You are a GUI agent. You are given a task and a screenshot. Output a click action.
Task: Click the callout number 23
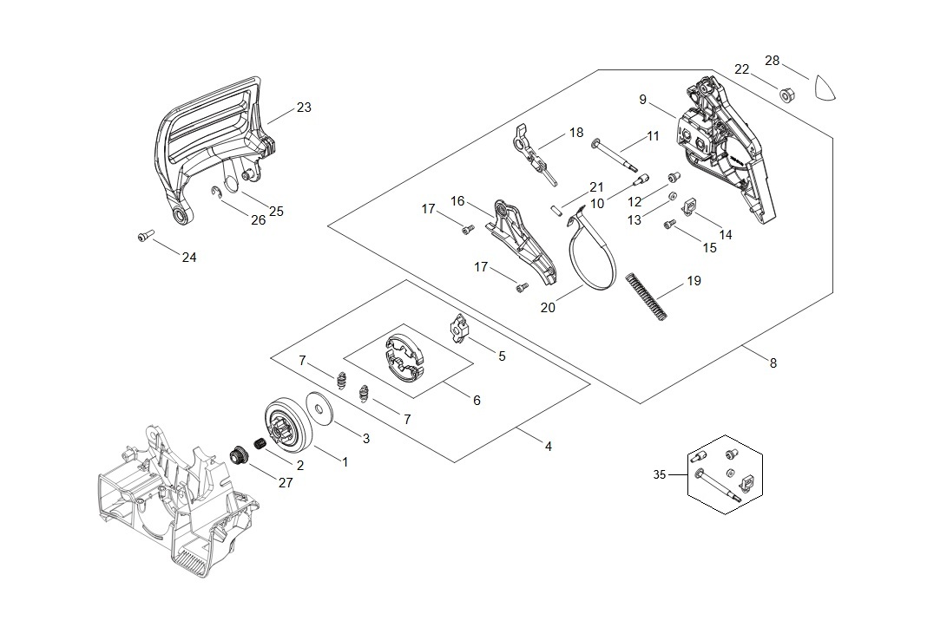pos(303,108)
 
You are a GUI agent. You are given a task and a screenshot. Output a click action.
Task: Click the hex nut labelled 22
pos(784,94)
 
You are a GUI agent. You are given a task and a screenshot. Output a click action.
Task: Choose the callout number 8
pos(772,363)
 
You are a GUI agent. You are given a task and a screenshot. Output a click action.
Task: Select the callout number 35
pos(660,474)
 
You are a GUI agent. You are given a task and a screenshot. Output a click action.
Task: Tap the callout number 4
pos(548,447)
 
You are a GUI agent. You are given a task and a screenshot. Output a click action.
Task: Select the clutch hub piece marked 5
pos(460,330)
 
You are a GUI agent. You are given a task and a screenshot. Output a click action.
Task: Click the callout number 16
pos(457,201)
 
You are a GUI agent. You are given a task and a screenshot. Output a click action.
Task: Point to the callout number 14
pos(726,235)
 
